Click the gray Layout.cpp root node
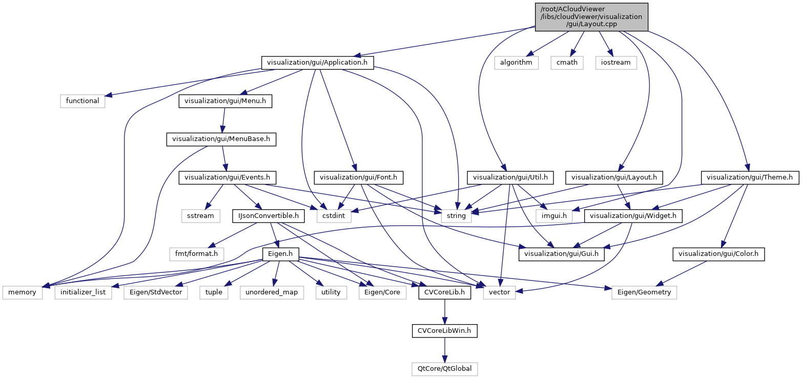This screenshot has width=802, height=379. [591, 17]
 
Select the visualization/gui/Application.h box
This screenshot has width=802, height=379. [318, 63]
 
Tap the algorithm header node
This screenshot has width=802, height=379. [517, 63]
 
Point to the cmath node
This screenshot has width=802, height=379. [567, 63]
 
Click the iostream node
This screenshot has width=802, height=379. [615, 63]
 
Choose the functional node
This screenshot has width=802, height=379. [83, 101]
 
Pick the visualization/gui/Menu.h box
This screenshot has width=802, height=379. [225, 101]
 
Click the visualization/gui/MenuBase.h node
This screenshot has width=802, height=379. [221, 139]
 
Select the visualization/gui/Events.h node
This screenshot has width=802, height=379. [228, 177]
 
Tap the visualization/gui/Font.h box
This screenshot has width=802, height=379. [361, 177]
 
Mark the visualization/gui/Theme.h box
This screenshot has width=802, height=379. [750, 177]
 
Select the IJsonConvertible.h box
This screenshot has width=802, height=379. [269, 216]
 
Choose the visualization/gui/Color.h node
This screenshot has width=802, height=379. [718, 254]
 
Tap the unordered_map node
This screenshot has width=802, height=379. [272, 292]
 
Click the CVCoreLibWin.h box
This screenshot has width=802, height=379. [445, 331]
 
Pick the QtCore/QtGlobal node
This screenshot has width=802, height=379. [445, 369]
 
